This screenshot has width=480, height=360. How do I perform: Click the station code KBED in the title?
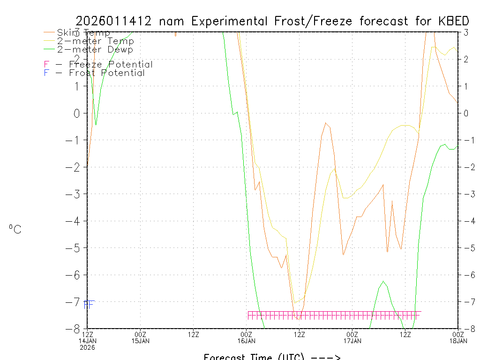454,21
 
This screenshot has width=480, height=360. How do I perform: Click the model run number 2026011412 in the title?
114,21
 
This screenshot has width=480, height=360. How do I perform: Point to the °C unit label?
15,229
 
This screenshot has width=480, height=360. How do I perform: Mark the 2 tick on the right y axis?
466,60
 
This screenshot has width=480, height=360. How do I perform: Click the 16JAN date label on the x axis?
247,341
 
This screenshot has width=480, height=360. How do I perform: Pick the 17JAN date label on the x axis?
352,341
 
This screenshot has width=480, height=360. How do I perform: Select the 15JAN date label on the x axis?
141,341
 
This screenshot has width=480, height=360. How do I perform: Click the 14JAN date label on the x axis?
88,341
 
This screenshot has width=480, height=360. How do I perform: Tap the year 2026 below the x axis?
88,347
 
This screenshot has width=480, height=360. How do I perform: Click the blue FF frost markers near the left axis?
89,305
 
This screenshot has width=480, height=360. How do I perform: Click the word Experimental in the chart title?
230,21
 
